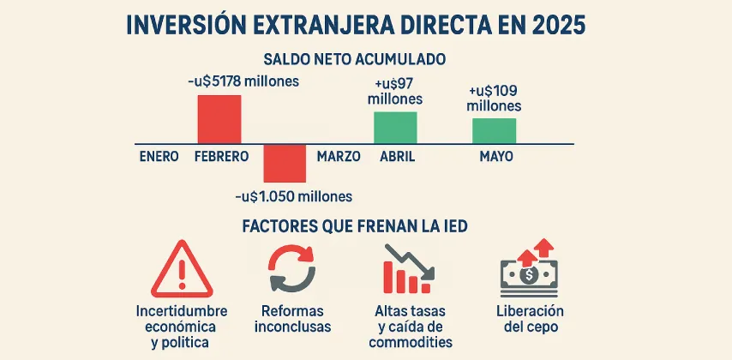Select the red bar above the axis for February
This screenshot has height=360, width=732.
click(x=219, y=118)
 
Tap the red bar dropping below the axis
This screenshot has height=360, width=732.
click(x=284, y=163)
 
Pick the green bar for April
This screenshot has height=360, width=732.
click(x=395, y=127)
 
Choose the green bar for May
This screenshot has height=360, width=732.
click(x=494, y=130)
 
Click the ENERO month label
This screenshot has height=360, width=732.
click(x=159, y=157)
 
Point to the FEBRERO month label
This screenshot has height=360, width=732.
click(x=221, y=157)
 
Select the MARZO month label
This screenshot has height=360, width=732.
click(x=339, y=157)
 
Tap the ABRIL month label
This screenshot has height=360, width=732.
click(x=396, y=157)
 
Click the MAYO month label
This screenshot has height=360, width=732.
click(x=496, y=157)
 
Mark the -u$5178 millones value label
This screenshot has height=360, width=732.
click(x=243, y=82)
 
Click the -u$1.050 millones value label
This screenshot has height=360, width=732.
click(x=293, y=196)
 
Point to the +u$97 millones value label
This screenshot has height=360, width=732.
click(x=395, y=91)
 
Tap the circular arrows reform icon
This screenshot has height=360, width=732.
click(x=293, y=268)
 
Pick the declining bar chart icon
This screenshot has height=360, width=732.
click(x=408, y=269)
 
